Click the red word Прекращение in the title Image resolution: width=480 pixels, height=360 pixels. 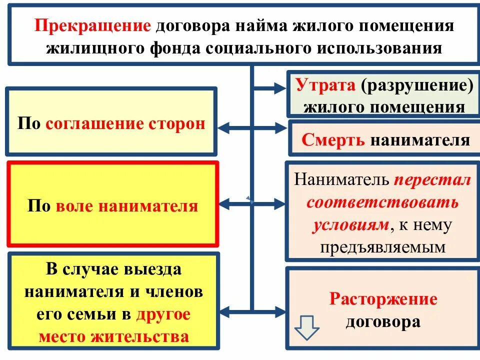[x=92, y=26]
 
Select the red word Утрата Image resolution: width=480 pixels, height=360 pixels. [x=325, y=85]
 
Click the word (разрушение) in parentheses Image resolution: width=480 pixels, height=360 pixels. [x=417, y=85]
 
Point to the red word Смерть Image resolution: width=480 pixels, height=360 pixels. [x=333, y=140]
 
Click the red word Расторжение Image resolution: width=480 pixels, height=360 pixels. [x=383, y=299]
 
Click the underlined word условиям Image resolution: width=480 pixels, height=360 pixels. [x=350, y=225]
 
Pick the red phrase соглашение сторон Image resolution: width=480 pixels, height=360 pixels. [x=125, y=124]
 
